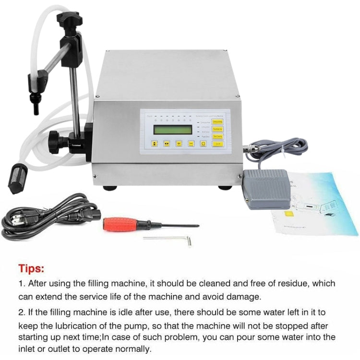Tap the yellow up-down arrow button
coord(155,143)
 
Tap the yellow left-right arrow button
coord(167,143)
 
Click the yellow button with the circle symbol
coord(203,143)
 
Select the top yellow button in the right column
coord(216,122)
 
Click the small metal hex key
coord(168,238)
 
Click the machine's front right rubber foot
coord(224,186)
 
